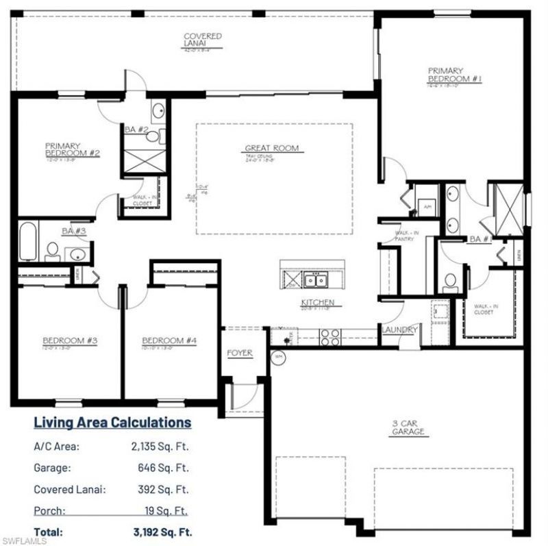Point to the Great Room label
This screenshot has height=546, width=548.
pyautogui.click(x=272, y=148)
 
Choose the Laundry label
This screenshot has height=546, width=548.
pyautogui.click(x=399, y=330)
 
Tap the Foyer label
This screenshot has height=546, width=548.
pyautogui.click(x=240, y=353)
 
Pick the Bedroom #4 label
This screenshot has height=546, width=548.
pyautogui.click(x=169, y=340)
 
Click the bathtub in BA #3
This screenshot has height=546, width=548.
pyautogui.click(x=28, y=241)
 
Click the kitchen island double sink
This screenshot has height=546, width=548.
pyautogui.click(x=316, y=280)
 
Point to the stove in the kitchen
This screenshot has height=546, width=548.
pyautogui.click(x=330, y=336)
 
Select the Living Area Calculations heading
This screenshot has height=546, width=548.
pyautogui.click(x=112, y=422)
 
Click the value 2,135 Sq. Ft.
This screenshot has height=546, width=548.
pyautogui.click(x=159, y=447)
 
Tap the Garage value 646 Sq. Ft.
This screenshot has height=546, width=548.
pyautogui.click(x=162, y=468)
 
